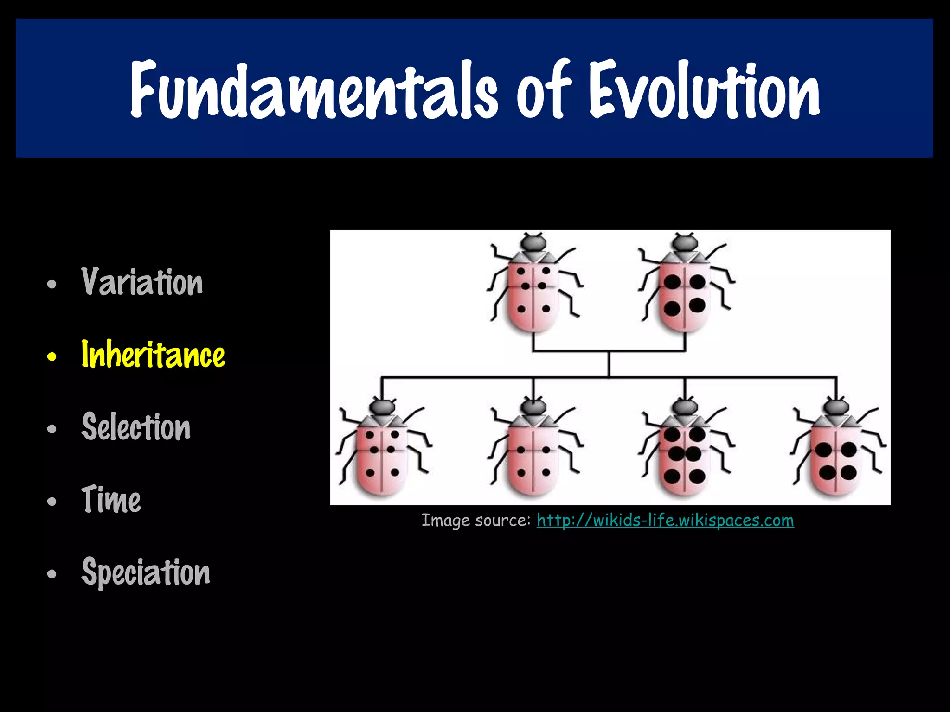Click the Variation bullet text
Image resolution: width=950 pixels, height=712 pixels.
point(142,282)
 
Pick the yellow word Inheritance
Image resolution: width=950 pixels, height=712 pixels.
point(153,355)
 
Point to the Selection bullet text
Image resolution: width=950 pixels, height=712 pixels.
point(136,427)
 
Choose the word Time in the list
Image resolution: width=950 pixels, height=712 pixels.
point(111,499)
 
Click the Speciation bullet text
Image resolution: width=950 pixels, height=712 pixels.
point(146,572)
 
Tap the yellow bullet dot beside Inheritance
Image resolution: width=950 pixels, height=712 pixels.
point(51,356)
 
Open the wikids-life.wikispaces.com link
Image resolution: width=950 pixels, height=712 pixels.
point(665,520)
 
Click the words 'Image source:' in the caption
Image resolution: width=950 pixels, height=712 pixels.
point(476,520)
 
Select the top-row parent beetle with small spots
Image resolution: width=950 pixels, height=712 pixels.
point(533,290)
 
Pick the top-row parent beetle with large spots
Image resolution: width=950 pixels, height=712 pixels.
point(685,290)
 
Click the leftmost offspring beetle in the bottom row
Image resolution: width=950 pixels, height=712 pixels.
point(382,454)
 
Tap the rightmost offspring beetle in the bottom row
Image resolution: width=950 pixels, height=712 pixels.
point(836,454)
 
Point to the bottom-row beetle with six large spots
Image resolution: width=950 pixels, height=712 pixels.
point(685,454)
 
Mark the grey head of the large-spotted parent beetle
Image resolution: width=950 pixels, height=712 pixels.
point(685,242)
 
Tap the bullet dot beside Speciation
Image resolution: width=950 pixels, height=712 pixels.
point(51,574)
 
